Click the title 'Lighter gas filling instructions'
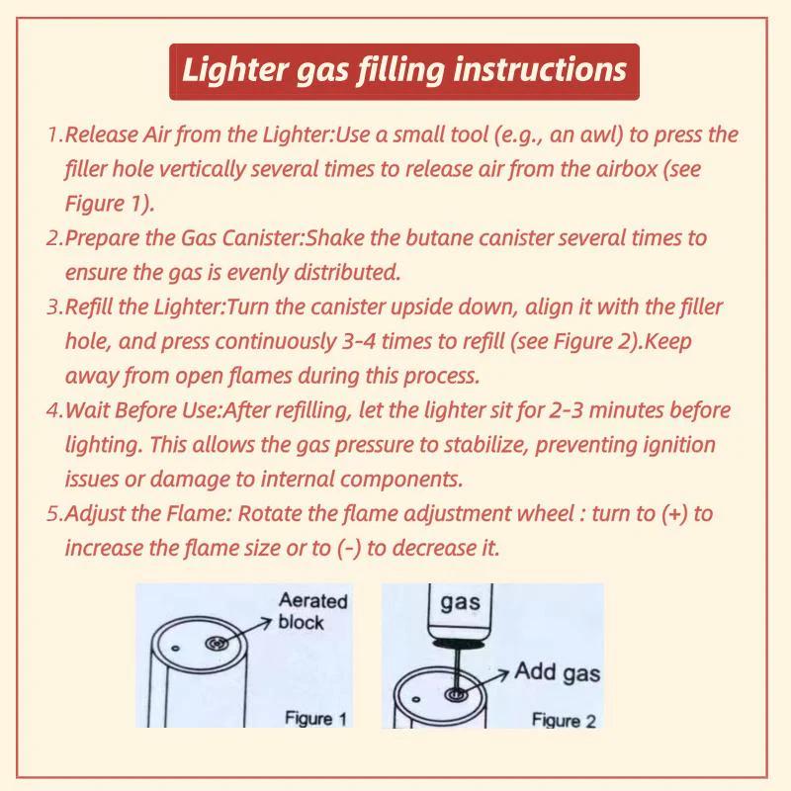pos(403,70)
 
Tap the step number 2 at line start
pos(53,238)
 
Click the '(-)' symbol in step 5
pos(348,548)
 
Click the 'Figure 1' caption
pos(316,718)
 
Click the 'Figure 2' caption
pos(564,720)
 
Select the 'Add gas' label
pos(557,673)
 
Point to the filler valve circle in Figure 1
pos(217,644)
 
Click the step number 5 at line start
pos(53,514)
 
